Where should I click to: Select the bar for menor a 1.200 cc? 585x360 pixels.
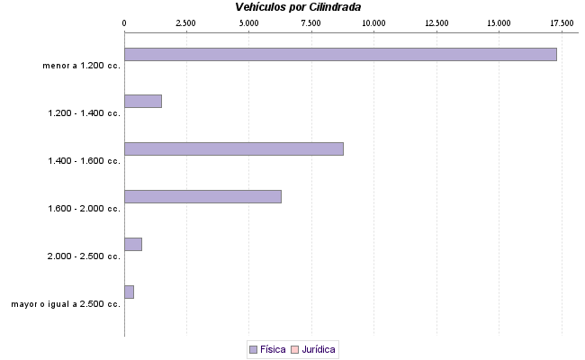coord(340,54)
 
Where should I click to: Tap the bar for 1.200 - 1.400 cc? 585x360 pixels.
coord(142,101)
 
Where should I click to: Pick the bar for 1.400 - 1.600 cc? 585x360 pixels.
coord(233,148)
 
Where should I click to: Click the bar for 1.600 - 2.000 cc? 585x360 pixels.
coord(202,196)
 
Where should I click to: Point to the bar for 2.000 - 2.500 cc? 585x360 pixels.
coord(132,244)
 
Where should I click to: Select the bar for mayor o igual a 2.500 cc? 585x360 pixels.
coord(129,292)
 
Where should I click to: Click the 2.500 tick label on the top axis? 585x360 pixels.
coord(186,22)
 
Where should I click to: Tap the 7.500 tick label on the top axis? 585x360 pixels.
coord(311,22)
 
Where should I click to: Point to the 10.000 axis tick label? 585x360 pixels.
coord(373,22)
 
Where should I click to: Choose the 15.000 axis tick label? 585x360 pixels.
coord(499,22)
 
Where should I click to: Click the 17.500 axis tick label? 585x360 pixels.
coord(562,22)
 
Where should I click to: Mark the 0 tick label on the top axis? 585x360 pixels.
coord(124,22)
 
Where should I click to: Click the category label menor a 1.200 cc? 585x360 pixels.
coord(81,66)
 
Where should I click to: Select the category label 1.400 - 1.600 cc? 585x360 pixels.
coord(84,161)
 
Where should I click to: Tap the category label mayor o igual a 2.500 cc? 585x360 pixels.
coord(66,304)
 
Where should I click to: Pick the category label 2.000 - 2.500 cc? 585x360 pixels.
coord(84,256)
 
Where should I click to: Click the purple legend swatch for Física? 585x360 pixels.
coord(253,348)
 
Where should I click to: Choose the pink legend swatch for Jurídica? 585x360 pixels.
coord(295,348)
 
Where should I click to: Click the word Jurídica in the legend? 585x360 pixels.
coord(319,348)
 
